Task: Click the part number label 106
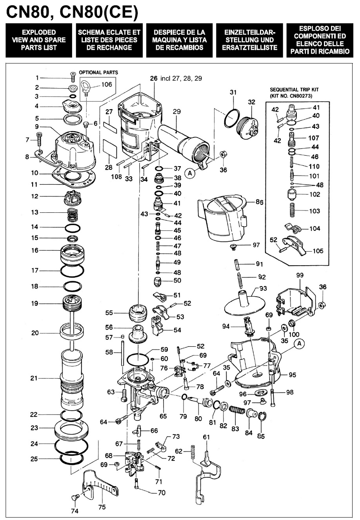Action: point(106,84)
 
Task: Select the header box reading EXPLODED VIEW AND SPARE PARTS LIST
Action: point(39,40)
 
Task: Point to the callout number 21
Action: point(34,378)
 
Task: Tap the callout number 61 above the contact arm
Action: point(206,437)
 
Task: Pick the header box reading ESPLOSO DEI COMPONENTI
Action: point(319,40)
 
